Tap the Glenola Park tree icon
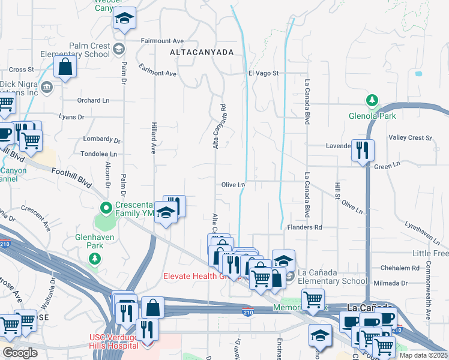click(x=372, y=100)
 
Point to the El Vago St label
click(x=264, y=73)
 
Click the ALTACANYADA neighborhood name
click(x=202, y=53)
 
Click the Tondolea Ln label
click(x=98, y=154)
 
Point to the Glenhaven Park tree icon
click(x=94, y=259)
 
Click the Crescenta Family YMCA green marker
click(x=106, y=209)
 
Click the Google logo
click(x=20, y=353)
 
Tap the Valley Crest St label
click(x=410, y=137)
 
